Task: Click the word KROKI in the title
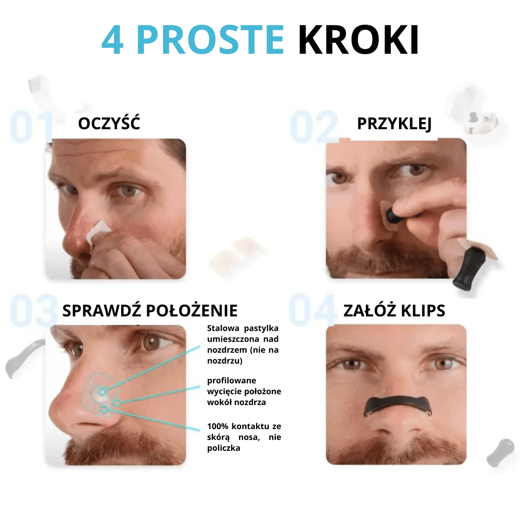tap(358, 40)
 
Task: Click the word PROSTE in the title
tap(210, 40)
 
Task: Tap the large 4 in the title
tap(113, 41)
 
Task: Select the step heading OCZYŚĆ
tap(109, 124)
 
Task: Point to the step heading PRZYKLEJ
tap(394, 124)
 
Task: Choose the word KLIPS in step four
tap(423, 311)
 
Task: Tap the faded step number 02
tap(314, 127)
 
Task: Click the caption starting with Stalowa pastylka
tap(243, 344)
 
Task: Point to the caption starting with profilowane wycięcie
tap(244, 391)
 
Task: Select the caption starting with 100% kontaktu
tap(244, 437)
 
